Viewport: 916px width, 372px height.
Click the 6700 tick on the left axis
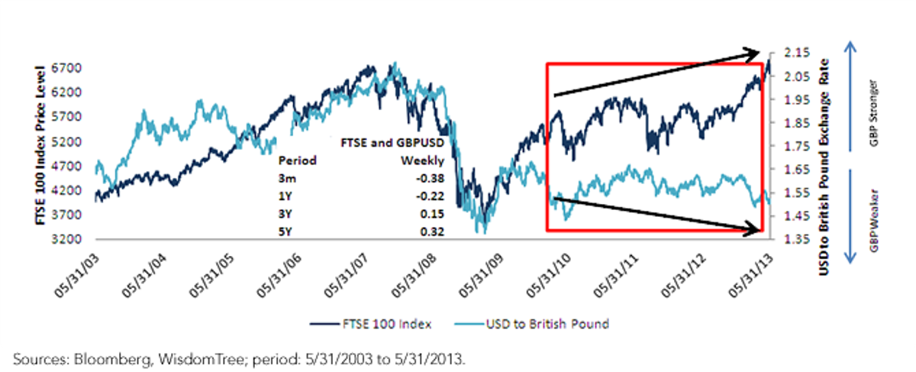(66, 68)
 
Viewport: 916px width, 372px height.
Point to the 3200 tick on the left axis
(66, 239)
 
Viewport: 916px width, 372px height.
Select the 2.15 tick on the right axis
(797, 53)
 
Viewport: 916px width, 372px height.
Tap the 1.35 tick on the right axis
(797, 239)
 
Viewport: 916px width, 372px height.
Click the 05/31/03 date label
(77, 276)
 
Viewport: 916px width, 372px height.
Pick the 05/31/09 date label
(482, 276)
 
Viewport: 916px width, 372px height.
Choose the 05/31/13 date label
(751, 276)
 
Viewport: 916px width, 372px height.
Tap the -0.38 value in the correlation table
(431, 179)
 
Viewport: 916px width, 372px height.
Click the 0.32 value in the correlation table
(432, 231)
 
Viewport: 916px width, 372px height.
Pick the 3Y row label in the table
(285, 214)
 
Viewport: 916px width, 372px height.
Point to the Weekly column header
(422, 160)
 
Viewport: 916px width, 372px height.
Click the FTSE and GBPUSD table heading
(392, 143)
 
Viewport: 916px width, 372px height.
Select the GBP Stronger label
(873, 113)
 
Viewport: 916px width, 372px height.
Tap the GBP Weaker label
(873, 221)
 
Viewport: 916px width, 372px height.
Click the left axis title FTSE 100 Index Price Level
(40, 145)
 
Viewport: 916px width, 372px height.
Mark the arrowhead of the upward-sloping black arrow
(753, 54)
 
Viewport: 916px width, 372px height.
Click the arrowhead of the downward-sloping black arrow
(754, 229)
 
